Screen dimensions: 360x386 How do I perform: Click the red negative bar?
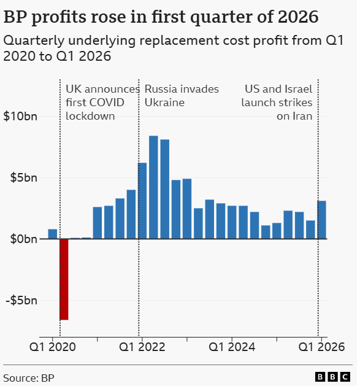tap(64, 279)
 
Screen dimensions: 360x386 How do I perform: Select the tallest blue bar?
tap(153, 187)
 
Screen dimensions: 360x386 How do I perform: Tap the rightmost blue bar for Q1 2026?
tap(321, 220)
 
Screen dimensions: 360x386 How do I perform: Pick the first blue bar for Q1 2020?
tap(53, 234)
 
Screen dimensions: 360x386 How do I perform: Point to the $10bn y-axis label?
tap(20, 116)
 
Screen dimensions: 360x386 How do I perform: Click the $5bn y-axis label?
tap(24, 177)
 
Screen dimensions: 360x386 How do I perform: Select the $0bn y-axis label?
tap(24, 239)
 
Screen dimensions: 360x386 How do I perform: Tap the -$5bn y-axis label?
tap(21, 300)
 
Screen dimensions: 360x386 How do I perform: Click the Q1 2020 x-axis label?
tap(52, 347)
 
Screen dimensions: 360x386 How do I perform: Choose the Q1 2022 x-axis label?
tap(142, 347)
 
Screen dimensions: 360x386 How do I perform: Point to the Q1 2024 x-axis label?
tap(232, 347)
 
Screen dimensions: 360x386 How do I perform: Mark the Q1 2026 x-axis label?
tap(321, 347)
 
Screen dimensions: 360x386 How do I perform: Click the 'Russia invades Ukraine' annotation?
tap(182, 96)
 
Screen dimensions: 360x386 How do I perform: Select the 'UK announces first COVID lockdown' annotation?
tap(102, 102)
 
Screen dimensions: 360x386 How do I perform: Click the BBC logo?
tap(332, 377)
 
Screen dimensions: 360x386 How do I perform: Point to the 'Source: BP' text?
tap(29, 378)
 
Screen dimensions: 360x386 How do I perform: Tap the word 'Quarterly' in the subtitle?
tap(34, 41)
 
